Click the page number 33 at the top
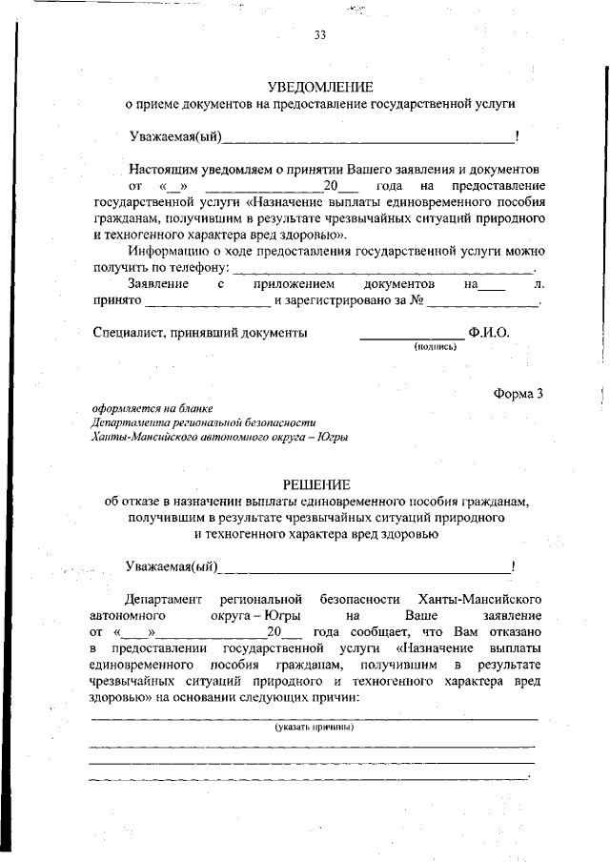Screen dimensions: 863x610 point(320,37)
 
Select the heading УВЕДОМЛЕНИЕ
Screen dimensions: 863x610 point(320,87)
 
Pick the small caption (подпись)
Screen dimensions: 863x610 point(436,347)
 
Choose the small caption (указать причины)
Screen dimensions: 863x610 point(315,727)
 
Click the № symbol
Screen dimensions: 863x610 point(417,301)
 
